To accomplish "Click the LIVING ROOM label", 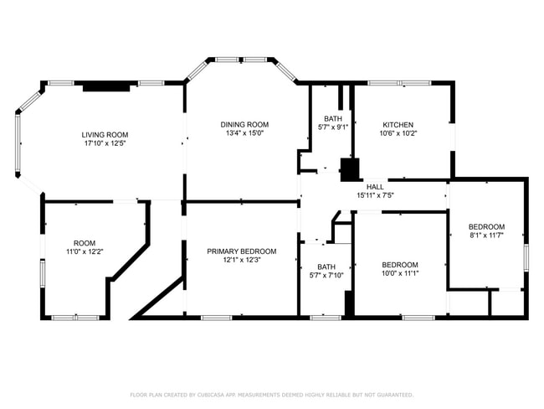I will click(x=105, y=135).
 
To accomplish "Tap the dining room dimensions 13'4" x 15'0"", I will click(x=244, y=132).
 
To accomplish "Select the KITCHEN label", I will click(x=398, y=124).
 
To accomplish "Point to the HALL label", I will click(x=374, y=186).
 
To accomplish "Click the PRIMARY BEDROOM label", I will click(x=242, y=251).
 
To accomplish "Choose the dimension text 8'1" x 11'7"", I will click(x=486, y=236).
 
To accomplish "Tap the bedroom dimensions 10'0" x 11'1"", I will click(x=399, y=273).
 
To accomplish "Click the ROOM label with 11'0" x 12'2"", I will click(x=85, y=243).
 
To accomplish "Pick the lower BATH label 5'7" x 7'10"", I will click(x=326, y=267).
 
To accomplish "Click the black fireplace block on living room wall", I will click(x=105, y=85).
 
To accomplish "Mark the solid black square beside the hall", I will click(x=348, y=169).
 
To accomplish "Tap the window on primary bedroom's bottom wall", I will click(x=216, y=317).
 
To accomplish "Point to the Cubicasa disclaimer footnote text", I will click(x=271, y=394).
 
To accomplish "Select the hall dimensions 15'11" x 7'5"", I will click(x=374, y=195).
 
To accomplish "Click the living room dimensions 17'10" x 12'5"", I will click(x=105, y=143).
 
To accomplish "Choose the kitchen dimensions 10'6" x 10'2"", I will click(x=398, y=132).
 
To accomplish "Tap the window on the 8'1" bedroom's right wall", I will click(x=526, y=257).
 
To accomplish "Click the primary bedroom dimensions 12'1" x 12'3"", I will click(x=242, y=260).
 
